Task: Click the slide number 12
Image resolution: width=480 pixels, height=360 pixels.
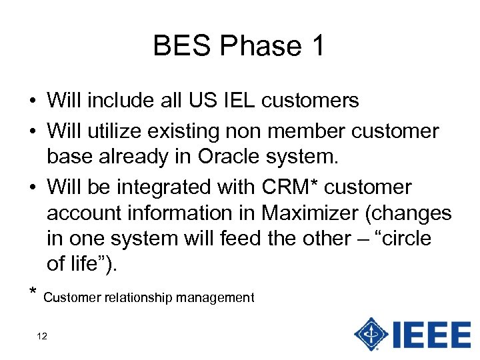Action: (42, 336)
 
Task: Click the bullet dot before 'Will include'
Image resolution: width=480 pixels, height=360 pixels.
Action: (32, 102)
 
